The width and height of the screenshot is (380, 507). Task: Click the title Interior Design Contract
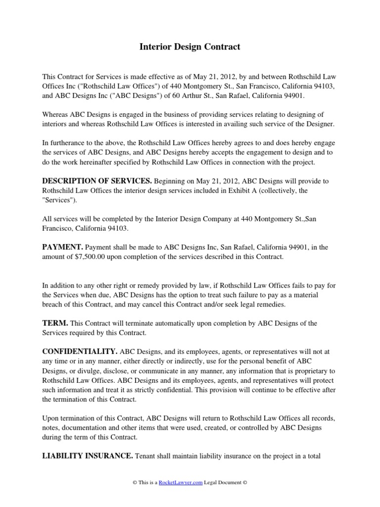point(190,47)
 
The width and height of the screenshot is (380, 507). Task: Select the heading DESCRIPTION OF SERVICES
point(97,181)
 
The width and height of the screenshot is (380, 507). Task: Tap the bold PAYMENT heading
point(62,247)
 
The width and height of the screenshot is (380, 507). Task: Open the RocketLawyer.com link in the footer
point(181,483)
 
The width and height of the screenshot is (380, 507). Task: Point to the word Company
point(209,219)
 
